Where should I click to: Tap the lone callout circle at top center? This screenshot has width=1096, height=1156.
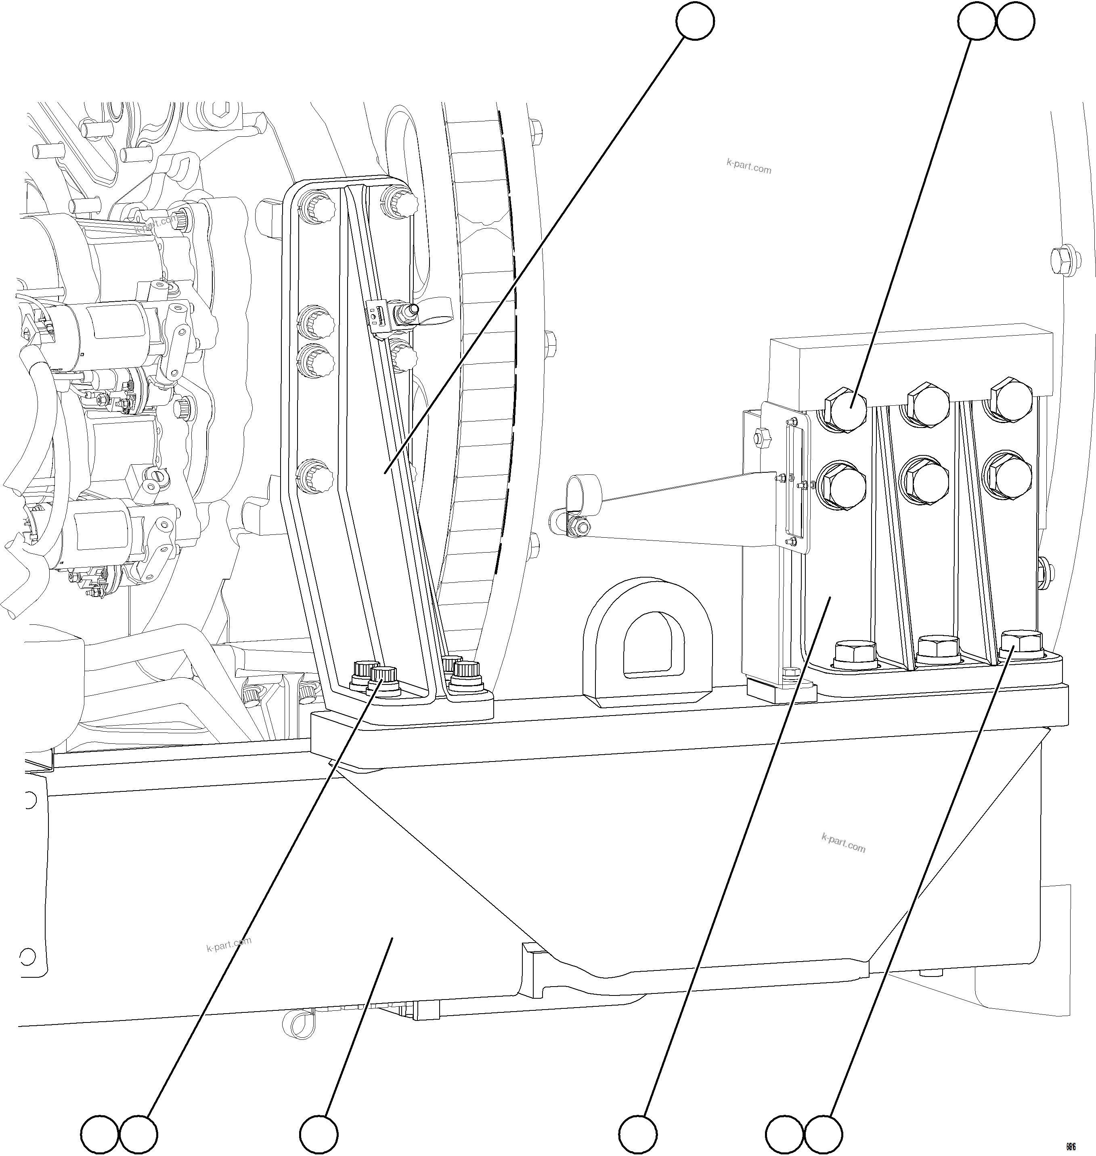click(x=695, y=22)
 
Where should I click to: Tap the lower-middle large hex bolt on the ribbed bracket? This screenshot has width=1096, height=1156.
click(x=926, y=480)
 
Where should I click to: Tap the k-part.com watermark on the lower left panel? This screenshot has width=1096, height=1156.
click(x=228, y=944)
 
